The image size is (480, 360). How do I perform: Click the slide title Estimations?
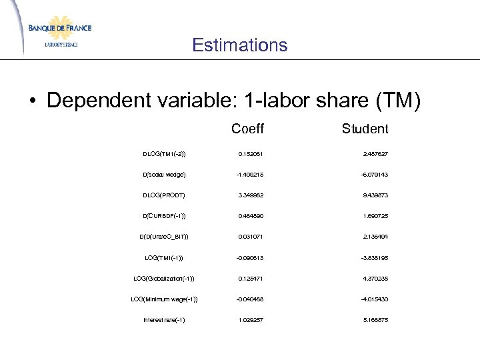coord(239,45)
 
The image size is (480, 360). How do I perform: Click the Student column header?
coord(365,128)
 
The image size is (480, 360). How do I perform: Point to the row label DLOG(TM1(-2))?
coord(164,153)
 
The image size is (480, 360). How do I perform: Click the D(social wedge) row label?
coord(164,175)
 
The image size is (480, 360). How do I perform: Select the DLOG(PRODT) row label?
coord(164,195)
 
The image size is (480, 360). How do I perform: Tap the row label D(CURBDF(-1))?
coord(164,216)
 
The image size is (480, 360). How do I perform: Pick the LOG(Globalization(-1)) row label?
coord(164,278)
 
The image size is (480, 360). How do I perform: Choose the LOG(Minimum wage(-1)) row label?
coord(164,299)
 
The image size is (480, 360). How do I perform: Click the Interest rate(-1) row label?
coord(164,319)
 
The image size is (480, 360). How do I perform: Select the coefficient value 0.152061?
coord(251,153)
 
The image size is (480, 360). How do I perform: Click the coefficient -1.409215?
coord(251,175)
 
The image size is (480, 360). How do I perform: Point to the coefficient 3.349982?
coord(251,195)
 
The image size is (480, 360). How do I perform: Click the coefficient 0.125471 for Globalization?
coord(251,278)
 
